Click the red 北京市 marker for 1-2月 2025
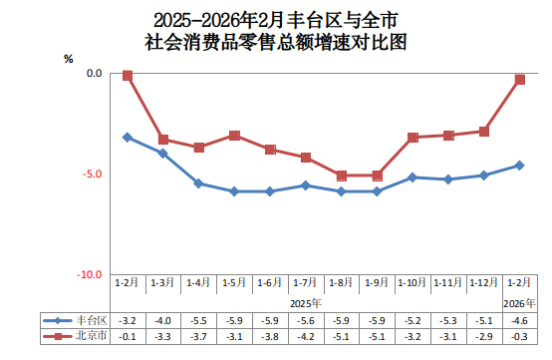coord(128,75)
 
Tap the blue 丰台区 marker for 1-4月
coord(198,183)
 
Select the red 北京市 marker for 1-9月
coord(377,176)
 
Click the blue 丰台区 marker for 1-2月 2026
coord(519,166)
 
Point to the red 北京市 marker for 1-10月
coord(413,137)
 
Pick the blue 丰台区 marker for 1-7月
coord(306,185)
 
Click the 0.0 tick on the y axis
coord(94,73)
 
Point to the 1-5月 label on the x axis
coord(234,284)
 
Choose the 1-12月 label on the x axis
coord(483,284)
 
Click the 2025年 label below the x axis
coord(306,302)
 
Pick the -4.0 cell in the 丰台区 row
coord(162,320)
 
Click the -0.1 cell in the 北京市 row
coord(128,336)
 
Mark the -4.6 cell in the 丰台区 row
coord(519,320)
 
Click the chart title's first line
coord(276,18)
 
